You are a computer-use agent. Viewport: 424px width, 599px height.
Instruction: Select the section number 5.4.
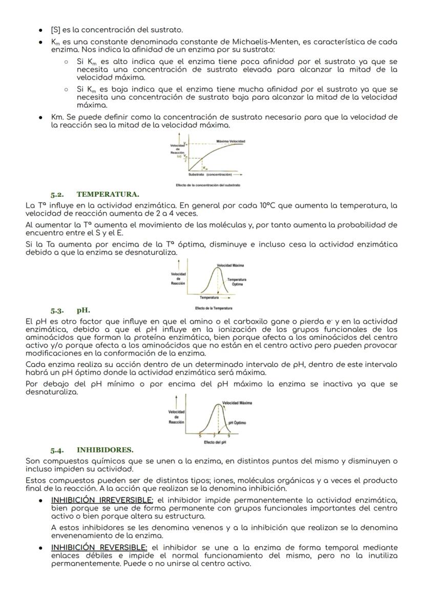[57, 450]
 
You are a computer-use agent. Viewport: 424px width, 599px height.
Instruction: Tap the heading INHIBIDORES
[105, 450]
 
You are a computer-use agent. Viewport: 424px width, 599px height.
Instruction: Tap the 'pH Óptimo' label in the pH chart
[237, 423]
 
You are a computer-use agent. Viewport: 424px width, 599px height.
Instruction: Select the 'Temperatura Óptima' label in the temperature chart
[237, 281]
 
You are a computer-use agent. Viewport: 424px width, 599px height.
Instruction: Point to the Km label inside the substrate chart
[204, 167]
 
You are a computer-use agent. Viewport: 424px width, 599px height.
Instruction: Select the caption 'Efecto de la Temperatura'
[214, 308]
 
